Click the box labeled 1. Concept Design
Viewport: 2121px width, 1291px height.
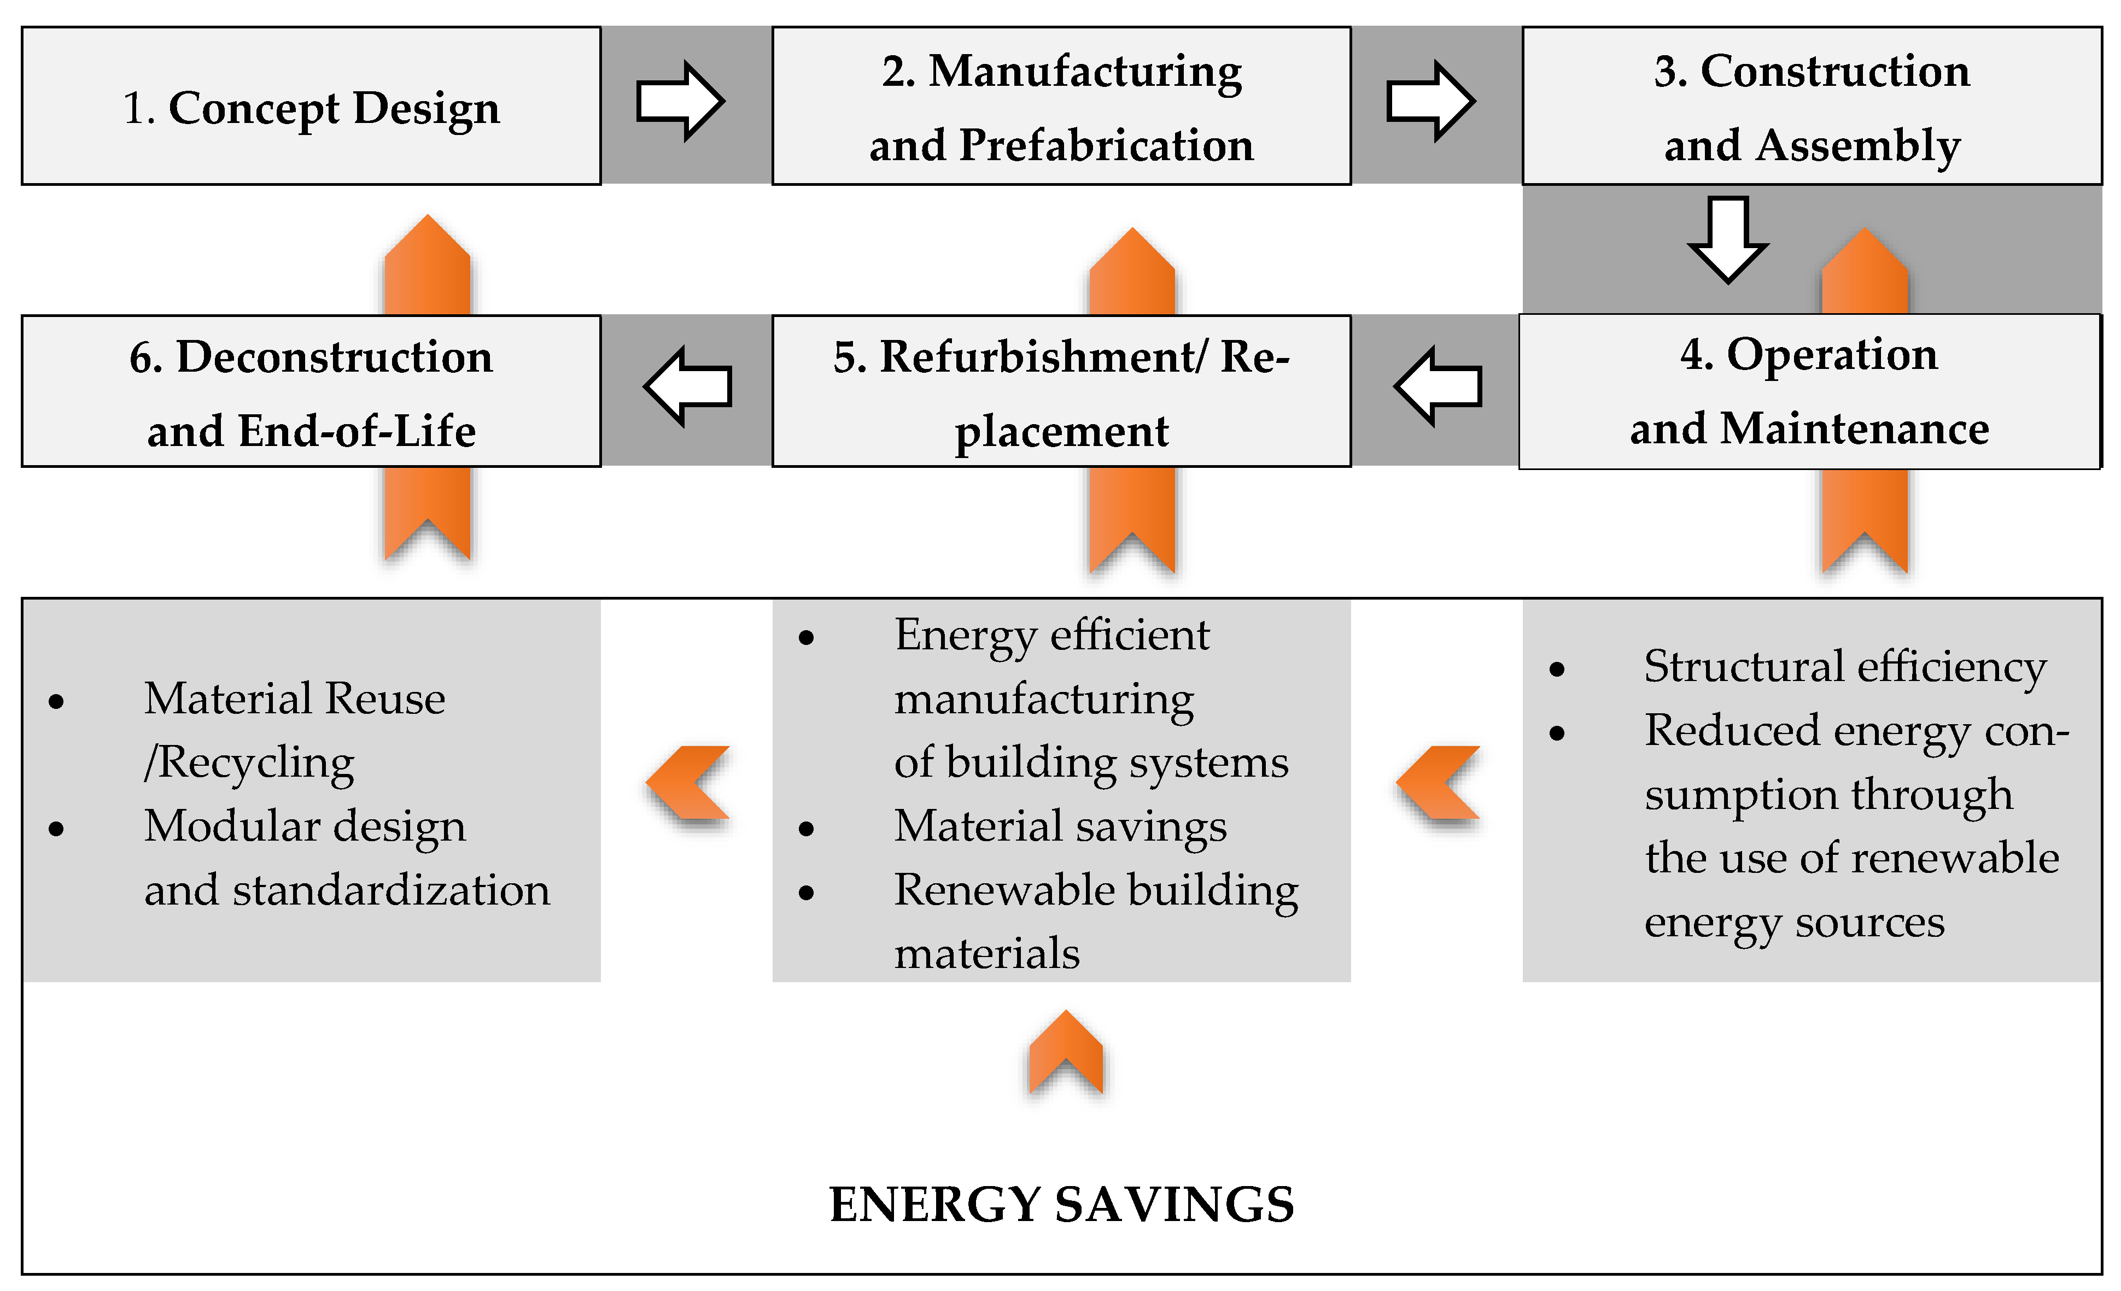311,107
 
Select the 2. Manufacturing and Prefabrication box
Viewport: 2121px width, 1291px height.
1061,107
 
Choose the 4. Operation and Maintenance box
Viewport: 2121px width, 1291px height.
1809,391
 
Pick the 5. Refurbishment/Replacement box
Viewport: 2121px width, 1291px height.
1061,391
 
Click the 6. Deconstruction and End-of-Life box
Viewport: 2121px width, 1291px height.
311,391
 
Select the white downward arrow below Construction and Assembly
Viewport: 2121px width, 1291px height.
1728,239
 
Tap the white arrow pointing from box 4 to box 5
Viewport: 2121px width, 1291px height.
1439,386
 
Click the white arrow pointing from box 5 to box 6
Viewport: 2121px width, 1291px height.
688,386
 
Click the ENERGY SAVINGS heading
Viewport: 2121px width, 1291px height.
1061,1204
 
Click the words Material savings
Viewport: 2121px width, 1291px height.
1060,826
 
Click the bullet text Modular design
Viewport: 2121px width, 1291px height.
305,826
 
